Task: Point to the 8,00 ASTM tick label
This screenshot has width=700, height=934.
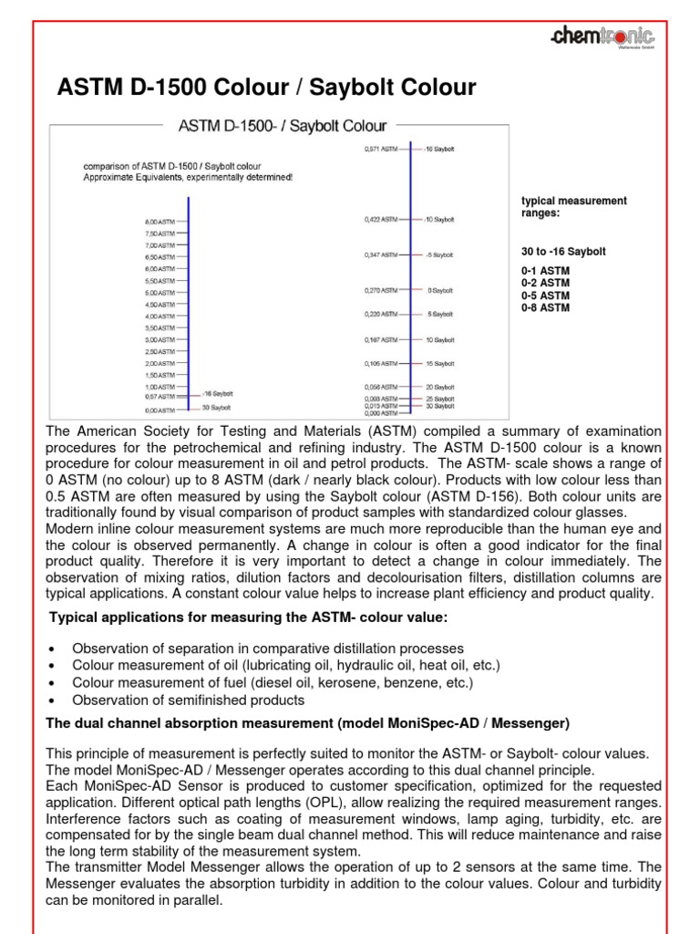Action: point(160,222)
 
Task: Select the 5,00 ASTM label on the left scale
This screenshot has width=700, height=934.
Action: point(160,293)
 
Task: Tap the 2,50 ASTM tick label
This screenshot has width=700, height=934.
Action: point(160,351)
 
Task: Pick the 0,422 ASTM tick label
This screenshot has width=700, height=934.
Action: point(382,219)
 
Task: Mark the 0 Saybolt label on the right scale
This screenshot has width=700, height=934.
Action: point(440,290)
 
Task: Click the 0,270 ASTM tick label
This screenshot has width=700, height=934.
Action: point(382,290)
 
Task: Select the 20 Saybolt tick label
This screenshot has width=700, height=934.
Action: point(442,387)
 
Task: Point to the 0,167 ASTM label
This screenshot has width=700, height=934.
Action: point(382,339)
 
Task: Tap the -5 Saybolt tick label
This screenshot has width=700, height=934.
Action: point(440,254)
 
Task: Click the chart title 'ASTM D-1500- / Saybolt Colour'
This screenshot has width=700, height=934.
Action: point(274,125)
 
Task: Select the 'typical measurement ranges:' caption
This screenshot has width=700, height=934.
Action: point(573,206)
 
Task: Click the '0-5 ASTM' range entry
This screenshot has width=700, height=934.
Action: point(545,296)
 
